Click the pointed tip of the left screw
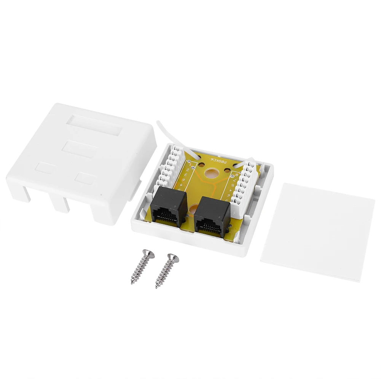132,283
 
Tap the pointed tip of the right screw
157,287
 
